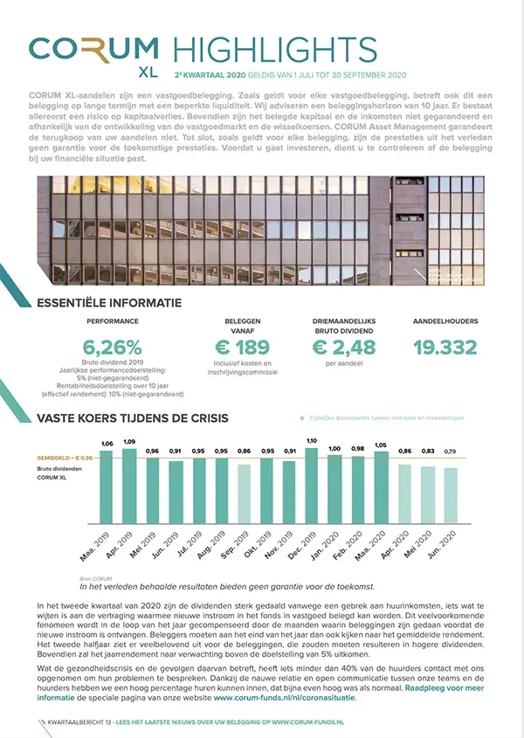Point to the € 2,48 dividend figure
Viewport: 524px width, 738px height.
[343, 347]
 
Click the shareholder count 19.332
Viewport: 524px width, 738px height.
[445, 348]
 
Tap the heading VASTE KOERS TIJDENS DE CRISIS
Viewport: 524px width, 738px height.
[133, 418]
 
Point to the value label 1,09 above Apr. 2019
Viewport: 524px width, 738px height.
[129, 441]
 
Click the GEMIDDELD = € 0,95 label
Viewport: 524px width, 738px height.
[62, 458]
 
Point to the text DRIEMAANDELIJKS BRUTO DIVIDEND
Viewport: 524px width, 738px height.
[343, 325]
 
